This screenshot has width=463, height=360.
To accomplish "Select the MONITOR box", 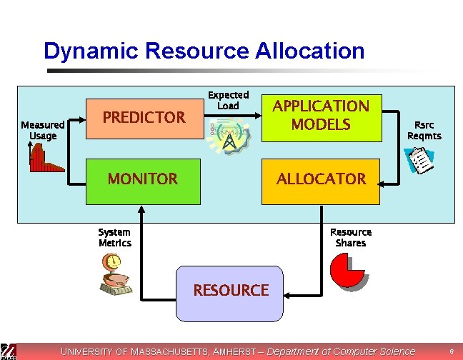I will click(x=143, y=179).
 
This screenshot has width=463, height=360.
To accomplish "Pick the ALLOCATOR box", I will click(x=321, y=179).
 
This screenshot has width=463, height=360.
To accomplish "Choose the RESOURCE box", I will click(x=230, y=291).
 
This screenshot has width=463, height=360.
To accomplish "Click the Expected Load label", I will click(x=228, y=100).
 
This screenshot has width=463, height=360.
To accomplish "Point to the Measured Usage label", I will click(x=43, y=130).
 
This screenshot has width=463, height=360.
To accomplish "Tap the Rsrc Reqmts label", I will click(x=424, y=130).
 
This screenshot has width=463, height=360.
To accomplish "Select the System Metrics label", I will click(x=114, y=237).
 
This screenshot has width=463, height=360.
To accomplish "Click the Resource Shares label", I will click(x=351, y=237).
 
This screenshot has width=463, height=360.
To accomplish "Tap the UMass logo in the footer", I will click(x=9, y=351).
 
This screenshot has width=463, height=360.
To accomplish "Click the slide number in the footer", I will click(x=452, y=351).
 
